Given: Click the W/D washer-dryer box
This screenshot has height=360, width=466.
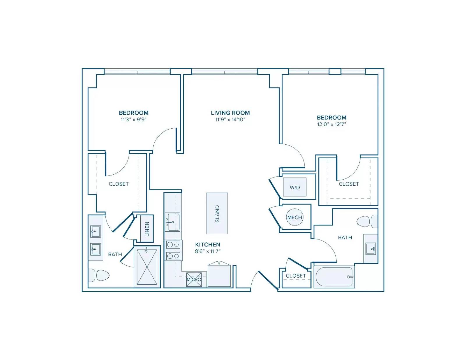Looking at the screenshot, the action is (295, 187).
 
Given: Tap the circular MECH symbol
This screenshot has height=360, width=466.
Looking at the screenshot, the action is (295, 217).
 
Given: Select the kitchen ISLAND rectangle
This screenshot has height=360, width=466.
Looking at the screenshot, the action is (217, 213).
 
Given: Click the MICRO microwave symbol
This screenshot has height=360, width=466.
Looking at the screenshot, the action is (194, 279).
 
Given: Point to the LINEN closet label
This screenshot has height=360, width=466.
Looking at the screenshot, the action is (147, 229).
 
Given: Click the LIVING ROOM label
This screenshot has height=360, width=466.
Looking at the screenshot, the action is (230, 113).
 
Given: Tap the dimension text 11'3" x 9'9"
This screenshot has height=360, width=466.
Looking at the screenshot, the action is (134, 120).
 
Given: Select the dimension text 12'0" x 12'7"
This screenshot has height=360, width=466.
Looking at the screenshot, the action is (332, 124).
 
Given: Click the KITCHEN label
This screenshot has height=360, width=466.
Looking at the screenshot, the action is (208, 244).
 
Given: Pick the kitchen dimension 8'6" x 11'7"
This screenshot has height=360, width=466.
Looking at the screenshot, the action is (208, 251).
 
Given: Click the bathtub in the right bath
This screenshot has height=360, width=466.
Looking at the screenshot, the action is (334, 277).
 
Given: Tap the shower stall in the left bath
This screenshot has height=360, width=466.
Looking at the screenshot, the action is (147, 267).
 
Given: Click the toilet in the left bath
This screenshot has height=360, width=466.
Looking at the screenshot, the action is (99, 275).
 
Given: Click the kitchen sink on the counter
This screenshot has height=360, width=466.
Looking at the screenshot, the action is (172, 222).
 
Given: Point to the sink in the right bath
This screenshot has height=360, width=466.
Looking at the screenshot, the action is (370, 249).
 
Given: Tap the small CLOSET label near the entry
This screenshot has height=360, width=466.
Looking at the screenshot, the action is (296, 276).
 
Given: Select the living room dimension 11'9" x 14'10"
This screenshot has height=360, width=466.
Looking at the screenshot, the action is (230, 120).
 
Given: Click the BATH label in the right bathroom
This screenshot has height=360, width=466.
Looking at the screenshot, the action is (345, 237).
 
